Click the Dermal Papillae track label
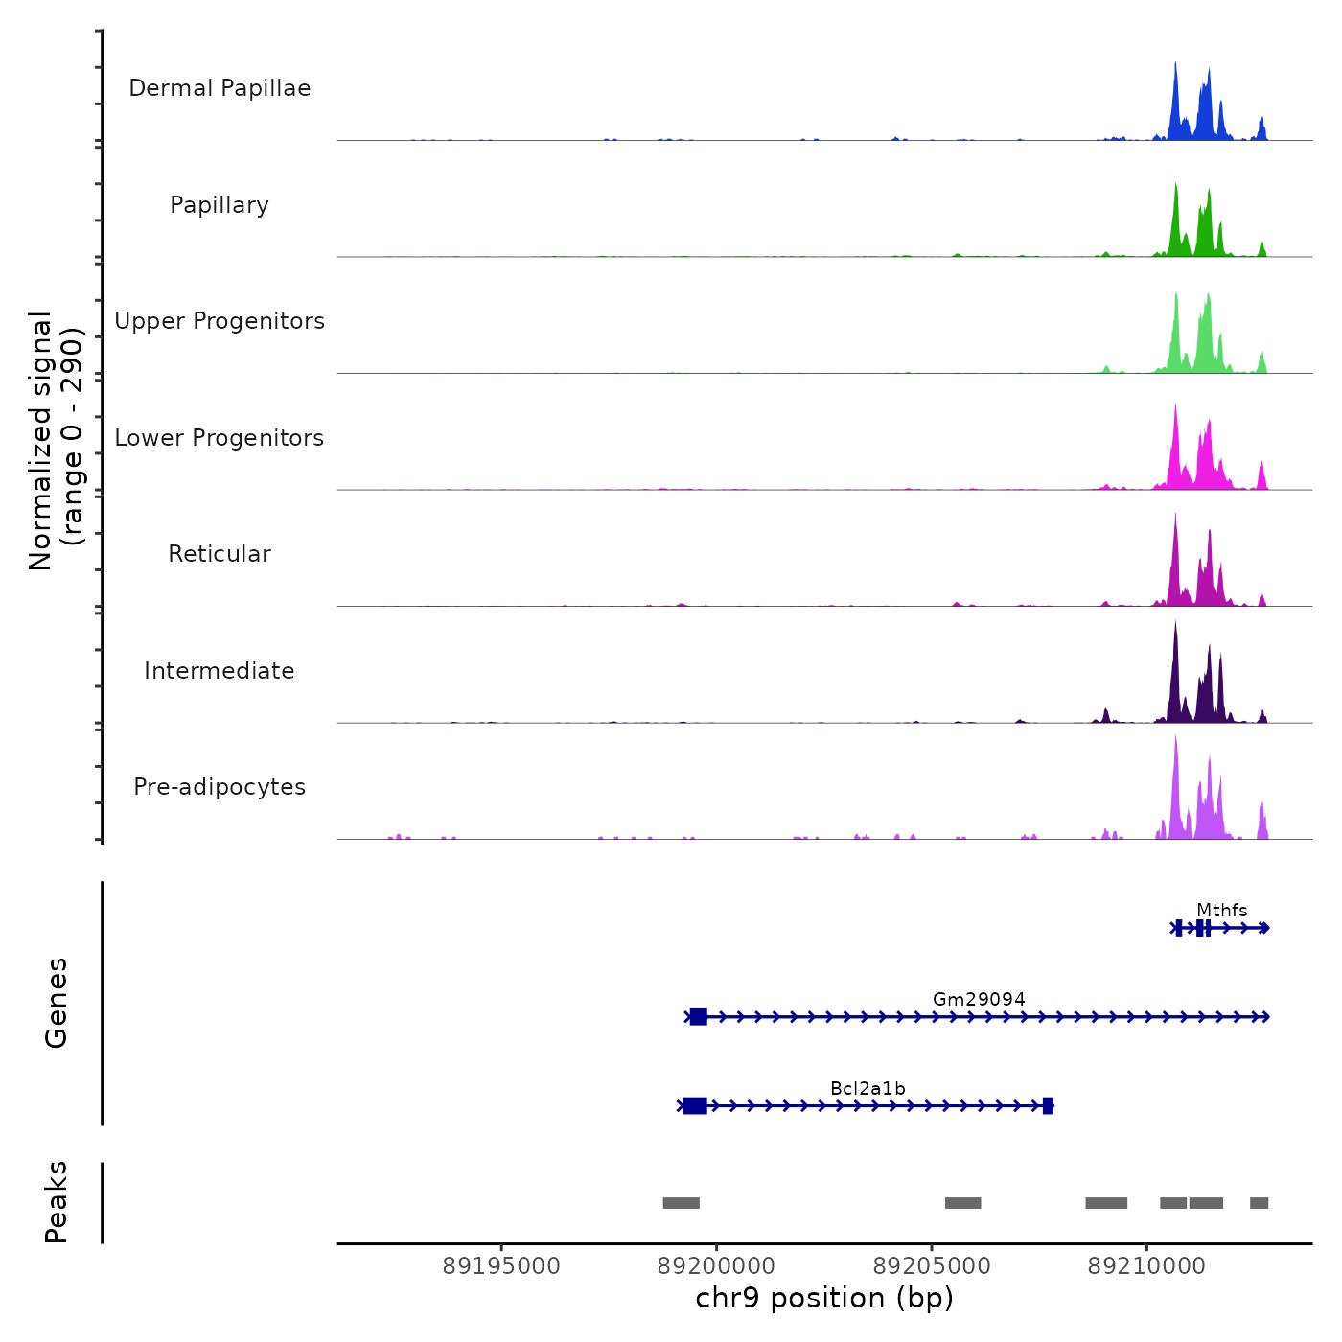point(220,88)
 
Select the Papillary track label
point(220,205)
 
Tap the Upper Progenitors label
point(220,321)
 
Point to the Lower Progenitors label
point(220,438)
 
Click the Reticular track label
point(220,554)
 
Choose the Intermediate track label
point(220,671)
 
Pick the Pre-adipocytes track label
point(220,787)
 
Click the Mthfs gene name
point(1221,910)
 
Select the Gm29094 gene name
point(979,999)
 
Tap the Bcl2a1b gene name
point(868,1088)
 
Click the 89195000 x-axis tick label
point(501,1266)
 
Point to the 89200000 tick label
point(716,1266)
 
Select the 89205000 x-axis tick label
point(932,1266)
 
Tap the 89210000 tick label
point(1146,1266)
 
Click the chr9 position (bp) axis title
point(824,1298)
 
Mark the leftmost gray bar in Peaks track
point(681,1203)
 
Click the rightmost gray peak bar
point(1259,1203)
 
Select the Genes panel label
point(57,1003)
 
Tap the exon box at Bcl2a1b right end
point(1048,1106)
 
